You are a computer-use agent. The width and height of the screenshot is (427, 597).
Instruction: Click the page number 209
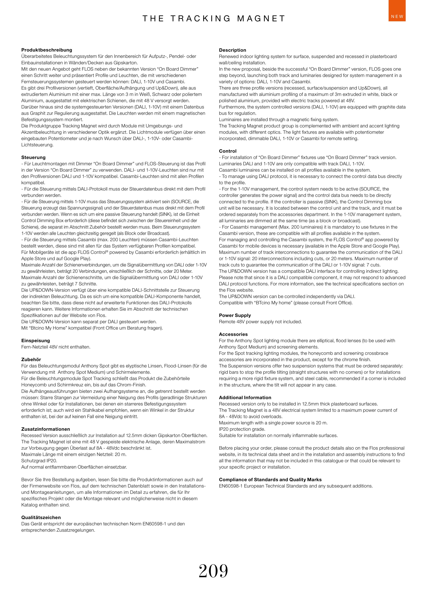click(x=213, y=571)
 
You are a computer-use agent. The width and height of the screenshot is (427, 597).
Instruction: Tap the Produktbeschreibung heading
click(x=46, y=50)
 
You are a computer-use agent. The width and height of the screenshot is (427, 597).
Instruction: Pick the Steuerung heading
click(x=33, y=157)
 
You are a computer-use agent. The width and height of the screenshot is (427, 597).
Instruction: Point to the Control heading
click(x=228, y=151)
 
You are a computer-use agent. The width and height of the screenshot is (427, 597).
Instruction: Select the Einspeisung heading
click(x=36, y=340)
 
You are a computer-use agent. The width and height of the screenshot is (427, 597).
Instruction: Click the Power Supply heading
click(x=235, y=315)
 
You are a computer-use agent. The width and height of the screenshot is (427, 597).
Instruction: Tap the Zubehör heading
click(x=31, y=359)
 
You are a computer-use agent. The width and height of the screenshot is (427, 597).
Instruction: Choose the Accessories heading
click(x=233, y=334)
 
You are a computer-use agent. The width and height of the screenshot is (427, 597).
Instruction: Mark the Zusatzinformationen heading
click(x=45, y=429)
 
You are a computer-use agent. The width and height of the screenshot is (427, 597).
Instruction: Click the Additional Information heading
click(x=245, y=397)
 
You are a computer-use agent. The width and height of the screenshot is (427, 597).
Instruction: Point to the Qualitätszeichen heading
click(x=41, y=518)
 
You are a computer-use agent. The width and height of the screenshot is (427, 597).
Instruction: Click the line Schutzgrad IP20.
click(x=39, y=461)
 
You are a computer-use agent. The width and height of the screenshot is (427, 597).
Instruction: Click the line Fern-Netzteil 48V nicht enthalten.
click(x=56, y=347)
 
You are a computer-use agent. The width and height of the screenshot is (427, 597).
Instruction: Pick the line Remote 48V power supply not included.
click(x=260, y=322)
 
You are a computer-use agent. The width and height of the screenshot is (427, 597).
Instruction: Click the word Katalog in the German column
click(x=29, y=505)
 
